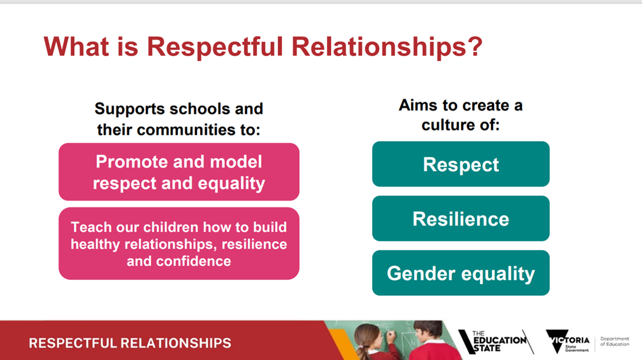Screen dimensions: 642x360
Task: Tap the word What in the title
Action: coord(76,47)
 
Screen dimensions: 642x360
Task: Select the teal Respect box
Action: coord(461,164)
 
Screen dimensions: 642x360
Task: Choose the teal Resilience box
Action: coord(461,218)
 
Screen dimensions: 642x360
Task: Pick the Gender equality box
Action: coord(461,273)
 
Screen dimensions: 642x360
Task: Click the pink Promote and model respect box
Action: coord(179,172)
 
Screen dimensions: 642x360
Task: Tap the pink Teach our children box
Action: coord(179,243)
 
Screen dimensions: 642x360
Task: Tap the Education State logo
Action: coord(496,342)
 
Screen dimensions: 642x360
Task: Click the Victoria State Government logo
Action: coord(568,341)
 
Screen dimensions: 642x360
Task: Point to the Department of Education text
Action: coord(615,341)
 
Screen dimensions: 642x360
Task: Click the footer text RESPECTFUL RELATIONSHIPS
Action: coord(130,343)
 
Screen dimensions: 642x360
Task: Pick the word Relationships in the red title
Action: coord(379,47)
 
